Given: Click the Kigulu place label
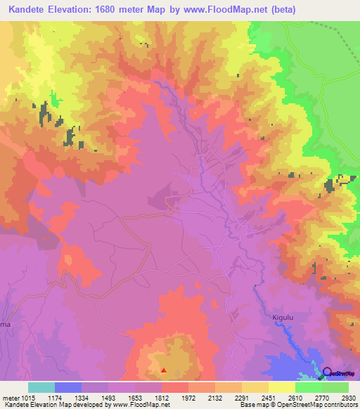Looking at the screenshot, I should (x=282, y=318).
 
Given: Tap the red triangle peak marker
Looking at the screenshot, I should (x=164, y=370).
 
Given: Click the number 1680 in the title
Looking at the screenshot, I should (x=122, y=10).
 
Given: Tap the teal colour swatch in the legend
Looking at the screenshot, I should (x=41, y=387).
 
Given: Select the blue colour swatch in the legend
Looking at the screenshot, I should (x=68, y=387).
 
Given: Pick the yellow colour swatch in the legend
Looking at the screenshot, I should (x=282, y=387).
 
